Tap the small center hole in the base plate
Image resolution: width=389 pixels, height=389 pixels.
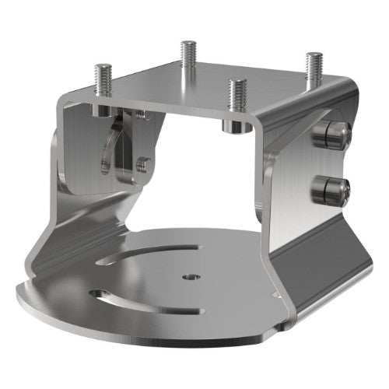click(x=191, y=276)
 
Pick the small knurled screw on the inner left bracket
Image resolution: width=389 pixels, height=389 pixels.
click(x=142, y=163)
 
